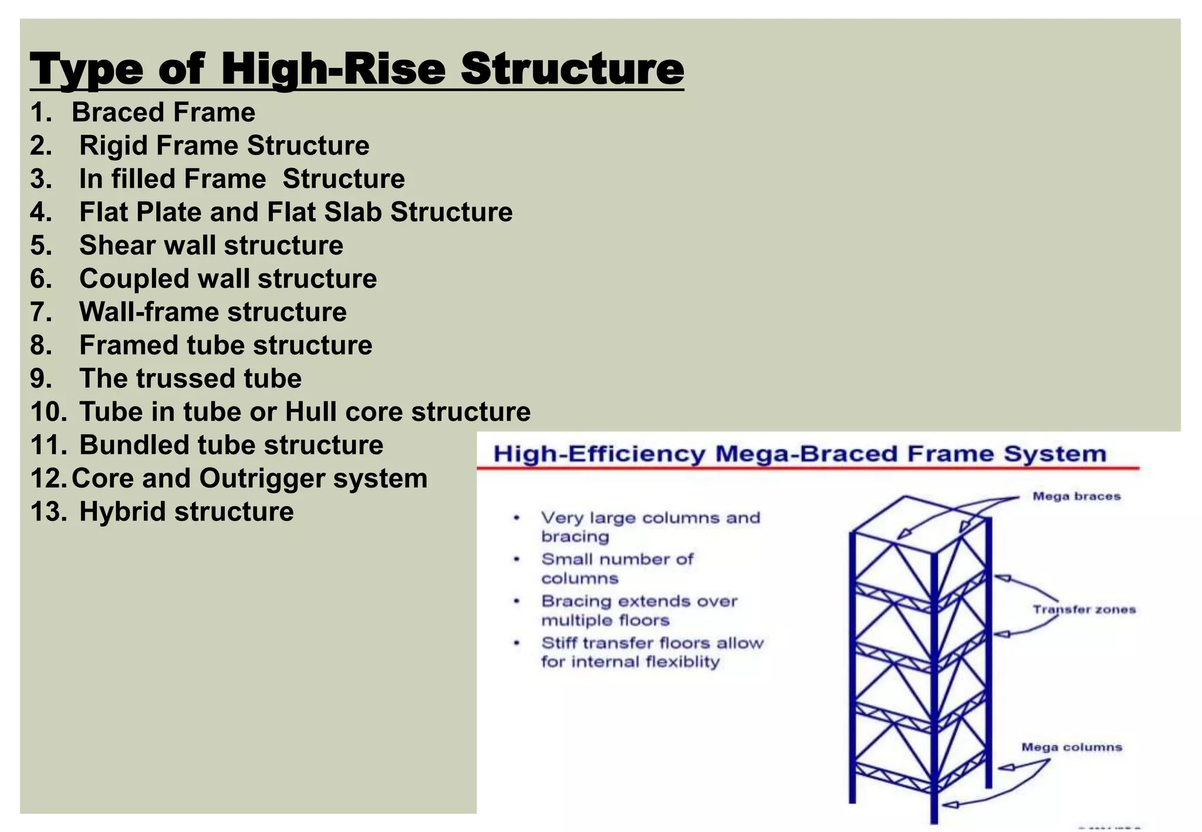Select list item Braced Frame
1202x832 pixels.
pos(163,112)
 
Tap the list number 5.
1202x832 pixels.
pos(41,245)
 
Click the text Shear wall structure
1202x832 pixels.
pos(211,245)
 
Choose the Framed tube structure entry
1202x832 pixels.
pos(225,345)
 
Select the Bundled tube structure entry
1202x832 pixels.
pos(231,445)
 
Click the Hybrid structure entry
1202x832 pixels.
pos(186,511)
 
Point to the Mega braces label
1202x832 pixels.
pos(1076,496)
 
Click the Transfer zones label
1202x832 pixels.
pos(1084,610)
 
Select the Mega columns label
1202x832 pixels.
pos(1072,747)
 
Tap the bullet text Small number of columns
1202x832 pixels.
pos(616,569)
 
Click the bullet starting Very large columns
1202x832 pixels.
pos(650,527)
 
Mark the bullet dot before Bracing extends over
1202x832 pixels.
pos(516,601)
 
